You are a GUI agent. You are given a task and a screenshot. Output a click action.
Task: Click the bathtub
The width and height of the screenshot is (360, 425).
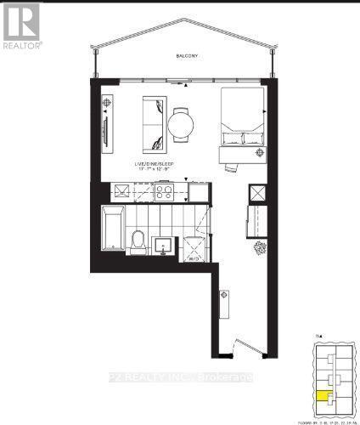tap(112, 227)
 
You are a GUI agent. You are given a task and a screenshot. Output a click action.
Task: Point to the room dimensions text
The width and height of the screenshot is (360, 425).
tap(154, 169)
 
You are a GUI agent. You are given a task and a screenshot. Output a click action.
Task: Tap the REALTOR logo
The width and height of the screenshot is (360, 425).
tap(21, 25)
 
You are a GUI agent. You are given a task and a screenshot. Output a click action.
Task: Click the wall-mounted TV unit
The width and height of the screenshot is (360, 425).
tap(106, 132)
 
